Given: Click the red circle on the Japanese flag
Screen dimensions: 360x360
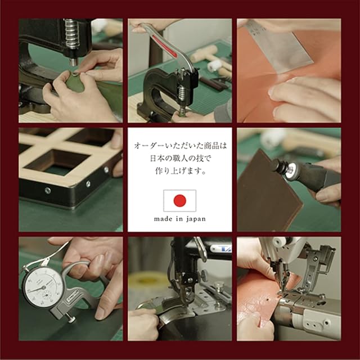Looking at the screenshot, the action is coord(180,200).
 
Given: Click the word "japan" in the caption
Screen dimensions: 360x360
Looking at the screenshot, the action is coord(196,219).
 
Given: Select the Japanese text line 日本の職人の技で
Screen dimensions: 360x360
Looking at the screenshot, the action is coord(180,159).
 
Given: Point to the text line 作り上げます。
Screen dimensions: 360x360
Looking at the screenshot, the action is coord(180,171).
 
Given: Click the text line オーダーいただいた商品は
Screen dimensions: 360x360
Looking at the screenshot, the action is coord(180,146).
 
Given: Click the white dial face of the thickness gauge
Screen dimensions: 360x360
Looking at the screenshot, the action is coord(43,288).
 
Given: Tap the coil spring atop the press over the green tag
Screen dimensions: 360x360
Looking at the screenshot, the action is coord(71,34).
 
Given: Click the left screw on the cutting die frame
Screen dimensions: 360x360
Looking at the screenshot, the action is coord(48,190).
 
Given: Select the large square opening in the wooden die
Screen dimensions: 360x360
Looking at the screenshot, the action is coord(58,162).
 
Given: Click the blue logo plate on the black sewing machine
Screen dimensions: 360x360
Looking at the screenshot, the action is coord(221,249).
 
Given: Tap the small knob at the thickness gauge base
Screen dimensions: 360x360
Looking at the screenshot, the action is coord(71,319).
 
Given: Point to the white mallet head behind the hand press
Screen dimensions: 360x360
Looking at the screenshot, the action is coord(214,66).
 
